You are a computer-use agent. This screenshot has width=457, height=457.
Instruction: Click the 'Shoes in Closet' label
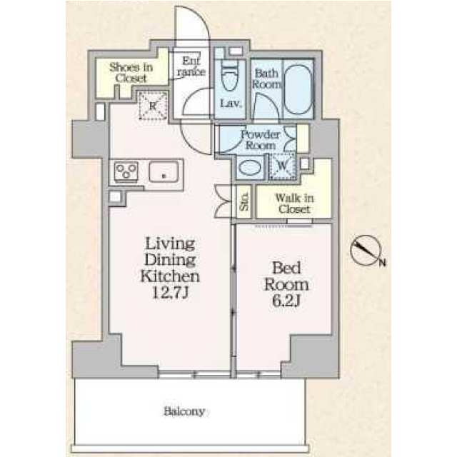[131, 73]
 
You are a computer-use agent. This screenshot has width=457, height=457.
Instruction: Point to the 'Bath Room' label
[266, 78]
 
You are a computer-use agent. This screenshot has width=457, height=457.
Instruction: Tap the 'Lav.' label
[229, 104]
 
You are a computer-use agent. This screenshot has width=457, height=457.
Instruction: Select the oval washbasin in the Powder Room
[249, 169]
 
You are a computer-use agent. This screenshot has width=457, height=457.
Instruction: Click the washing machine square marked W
[282, 166]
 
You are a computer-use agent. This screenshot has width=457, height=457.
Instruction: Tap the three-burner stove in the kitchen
[127, 171]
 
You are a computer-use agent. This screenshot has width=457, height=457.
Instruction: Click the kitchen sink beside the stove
[165, 172]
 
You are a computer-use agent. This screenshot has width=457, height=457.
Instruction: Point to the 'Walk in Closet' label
[293, 204]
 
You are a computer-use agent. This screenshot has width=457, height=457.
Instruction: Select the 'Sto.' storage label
[243, 202]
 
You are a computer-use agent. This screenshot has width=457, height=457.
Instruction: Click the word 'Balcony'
[184, 411]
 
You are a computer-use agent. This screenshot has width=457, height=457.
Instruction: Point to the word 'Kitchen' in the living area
[170, 276]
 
